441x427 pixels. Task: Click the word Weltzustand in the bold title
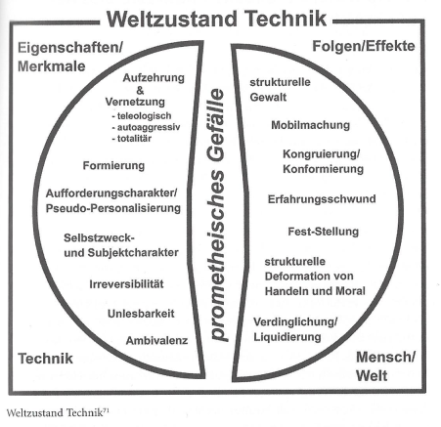click(x=172, y=19)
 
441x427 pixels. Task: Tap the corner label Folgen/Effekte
click(x=364, y=46)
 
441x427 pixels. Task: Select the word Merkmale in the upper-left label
click(x=52, y=66)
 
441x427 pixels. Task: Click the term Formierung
click(x=113, y=165)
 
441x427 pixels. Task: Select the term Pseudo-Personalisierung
click(x=113, y=208)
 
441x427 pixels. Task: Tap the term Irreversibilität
click(x=126, y=284)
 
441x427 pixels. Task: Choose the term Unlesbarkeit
click(x=141, y=314)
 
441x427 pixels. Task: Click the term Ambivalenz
click(x=156, y=341)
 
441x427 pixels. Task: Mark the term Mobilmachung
click(x=310, y=125)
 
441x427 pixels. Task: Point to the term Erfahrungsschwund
click(x=322, y=199)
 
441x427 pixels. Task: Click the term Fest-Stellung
click(x=324, y=232)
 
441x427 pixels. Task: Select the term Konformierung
click(x=323, y=169)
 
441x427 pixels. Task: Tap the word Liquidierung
click(x=287, y=337)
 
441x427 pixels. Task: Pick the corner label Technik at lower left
click(x=45, y=359)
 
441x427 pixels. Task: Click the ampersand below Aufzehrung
click(x=140, y=90)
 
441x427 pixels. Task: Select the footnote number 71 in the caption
click(x=106, y=410)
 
